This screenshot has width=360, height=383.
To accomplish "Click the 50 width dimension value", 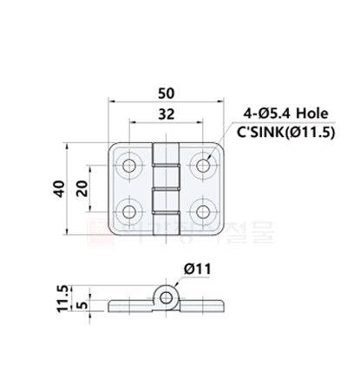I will [167, 93].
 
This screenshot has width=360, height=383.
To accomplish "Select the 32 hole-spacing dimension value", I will [167, 114].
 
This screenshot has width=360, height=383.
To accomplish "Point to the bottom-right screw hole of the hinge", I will [204, 210].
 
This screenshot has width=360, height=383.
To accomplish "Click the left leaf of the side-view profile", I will [130, 306].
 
